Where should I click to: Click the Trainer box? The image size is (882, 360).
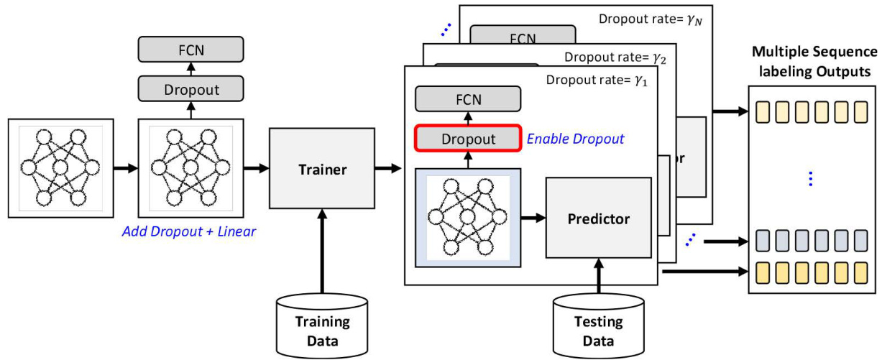[321, 170]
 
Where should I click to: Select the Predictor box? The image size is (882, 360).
[598, 218]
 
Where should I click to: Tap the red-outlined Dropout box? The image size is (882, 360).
[468, 139]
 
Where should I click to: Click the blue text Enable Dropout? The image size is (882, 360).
[576, 139]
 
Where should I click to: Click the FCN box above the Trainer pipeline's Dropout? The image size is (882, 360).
[190, 51]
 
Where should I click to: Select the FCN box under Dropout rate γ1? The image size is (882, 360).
[468, 99]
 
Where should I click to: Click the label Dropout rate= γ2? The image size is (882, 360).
[615, 57]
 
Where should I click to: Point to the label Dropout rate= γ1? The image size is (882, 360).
[597, 80]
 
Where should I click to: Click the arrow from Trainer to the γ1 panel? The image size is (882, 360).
[387, 170]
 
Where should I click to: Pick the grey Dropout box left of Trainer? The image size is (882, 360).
[190, 90]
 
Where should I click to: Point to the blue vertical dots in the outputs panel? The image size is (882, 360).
[811, 179]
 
